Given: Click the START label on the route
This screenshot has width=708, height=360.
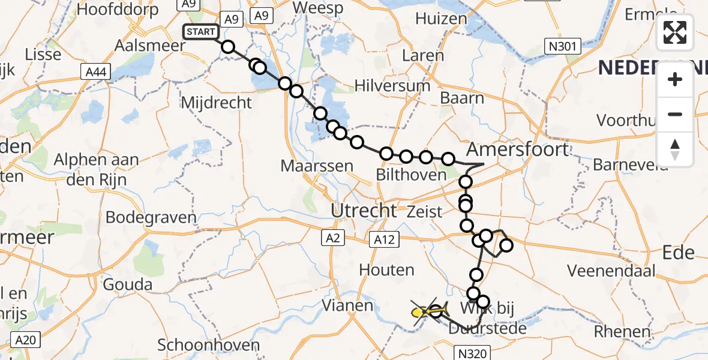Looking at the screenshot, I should click(201, 31).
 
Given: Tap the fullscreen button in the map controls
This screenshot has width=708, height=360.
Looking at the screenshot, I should click(675, 32).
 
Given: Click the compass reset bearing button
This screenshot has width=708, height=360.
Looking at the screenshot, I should click(675, 149).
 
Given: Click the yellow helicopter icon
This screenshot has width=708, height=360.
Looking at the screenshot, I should click(421, 312).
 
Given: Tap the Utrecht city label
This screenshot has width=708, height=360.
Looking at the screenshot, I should click(363, 211).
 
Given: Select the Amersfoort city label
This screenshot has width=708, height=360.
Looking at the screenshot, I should click(517, 148).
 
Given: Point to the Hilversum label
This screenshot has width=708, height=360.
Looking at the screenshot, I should click(392, 86).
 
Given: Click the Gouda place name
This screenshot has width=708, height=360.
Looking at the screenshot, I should click(127, 284).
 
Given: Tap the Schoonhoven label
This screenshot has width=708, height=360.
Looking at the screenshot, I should click(208, 345).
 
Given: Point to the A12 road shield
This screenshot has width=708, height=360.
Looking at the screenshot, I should click(384, 239).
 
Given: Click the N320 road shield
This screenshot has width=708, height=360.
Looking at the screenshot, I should click(469, 353).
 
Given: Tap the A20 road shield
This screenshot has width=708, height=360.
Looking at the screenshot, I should click(25, 341).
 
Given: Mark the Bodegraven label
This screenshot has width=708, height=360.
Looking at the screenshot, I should click(151, 217).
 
